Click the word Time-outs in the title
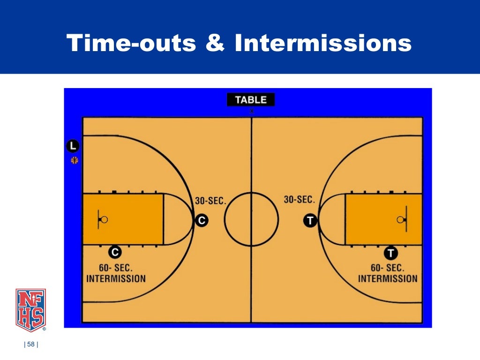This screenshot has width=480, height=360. point(132,44)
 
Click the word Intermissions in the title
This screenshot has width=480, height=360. point(323,44)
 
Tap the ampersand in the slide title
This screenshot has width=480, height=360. point(216,44)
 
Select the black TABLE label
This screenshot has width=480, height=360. point(251,99)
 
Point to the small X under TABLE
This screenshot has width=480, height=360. point(252,111)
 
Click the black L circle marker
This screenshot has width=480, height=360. point(73,146)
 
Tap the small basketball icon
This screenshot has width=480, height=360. point(74,160)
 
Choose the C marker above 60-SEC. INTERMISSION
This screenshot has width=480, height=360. point(115,252)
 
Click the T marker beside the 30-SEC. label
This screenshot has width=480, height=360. point(310,220)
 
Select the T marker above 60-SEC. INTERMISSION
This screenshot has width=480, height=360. point(391,253)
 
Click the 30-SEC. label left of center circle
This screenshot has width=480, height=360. point(210,201)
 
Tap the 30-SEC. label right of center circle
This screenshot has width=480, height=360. point(299,200)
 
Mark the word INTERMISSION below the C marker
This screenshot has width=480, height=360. point(116,278)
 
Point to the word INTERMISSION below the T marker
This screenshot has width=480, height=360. point(388,278)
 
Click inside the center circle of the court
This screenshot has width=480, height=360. point(251,219)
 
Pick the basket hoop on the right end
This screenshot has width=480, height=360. point(399,219)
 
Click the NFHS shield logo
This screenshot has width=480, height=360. point(30,310)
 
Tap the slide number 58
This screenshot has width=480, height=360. point(31,345)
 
